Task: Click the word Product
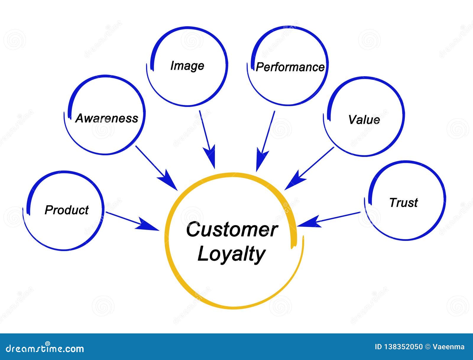click(67, 210)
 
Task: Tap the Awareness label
click(107, 118)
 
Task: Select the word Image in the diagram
click(187, 66)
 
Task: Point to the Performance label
click(290, 67)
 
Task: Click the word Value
click(364, 120)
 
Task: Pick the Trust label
click(404, 203)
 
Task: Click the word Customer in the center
click(232, 230)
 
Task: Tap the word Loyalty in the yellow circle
click(231, 254)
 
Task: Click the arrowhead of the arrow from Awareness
click(168, 180)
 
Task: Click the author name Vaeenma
click(448, 347)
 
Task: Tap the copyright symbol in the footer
click(427, 347)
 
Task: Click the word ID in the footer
click(378, 347)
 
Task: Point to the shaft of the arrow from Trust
click(340, 217)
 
